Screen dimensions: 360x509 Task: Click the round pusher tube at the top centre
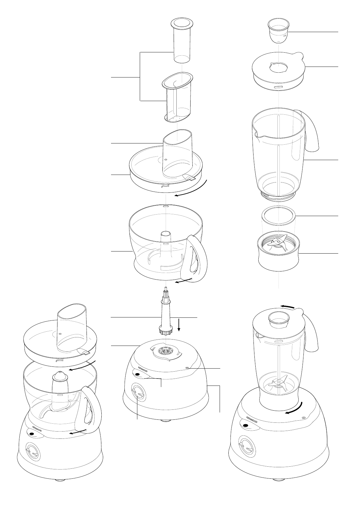click(182, 41)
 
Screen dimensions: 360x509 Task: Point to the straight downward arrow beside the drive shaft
click(179, 325)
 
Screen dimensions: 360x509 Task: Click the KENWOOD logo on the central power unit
click(142, 369)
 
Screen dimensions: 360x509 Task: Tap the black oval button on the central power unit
click(137, 375)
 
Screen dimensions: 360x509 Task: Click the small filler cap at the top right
click(278, 30)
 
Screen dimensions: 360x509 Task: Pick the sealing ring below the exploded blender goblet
click(278, 216)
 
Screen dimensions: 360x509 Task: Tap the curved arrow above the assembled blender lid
click(288, 307)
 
